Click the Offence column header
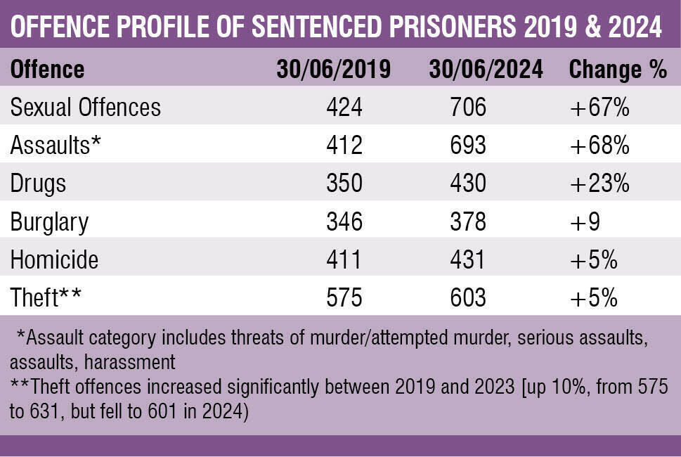pyautogui.click(x=47, y=70)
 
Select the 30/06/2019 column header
pyautogui.click(x=333, y=70)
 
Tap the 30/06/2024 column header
pyautogui.click(x=486, y=70)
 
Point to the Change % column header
pyautogui.click(x=617, y=70)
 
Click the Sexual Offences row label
pyautogui.click(x=86, y=108)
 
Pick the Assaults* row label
pyautogui.click(x=56, y=146)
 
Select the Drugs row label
pyautogui.click(x=38, y=184)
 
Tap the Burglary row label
pyautogui.click(x=49, y=222)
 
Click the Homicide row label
pyautogui.click(x=54, y=260)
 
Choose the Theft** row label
pyautogui.click(x=46, y=298)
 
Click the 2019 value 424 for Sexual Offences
pyautogui.click(x=344, y=108)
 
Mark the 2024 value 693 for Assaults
pyautogui.click(x=467, y=146)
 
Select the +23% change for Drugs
pyautogui.click(x=599, y=184)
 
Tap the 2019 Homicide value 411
pyautogui.click(x=344, y=260)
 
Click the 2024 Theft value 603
pyautogui.click(x=467, y=298)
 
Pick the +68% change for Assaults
pyautogui.click(x=599, y=146)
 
